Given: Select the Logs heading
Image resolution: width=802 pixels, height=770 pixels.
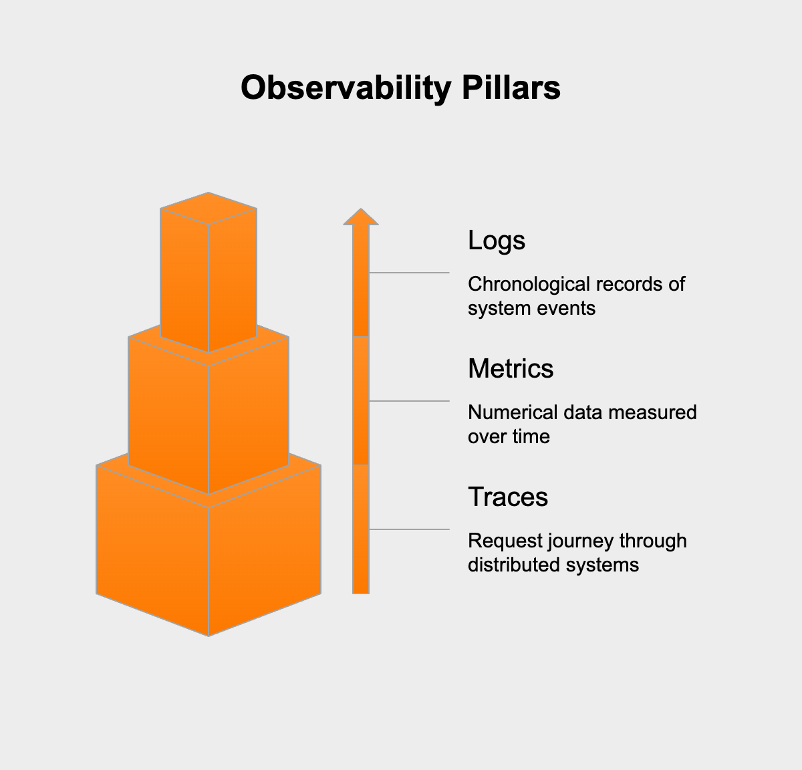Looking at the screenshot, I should pyautogui.click(x=497, y=241).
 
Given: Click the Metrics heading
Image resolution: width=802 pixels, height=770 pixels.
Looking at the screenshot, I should pyautogui.click(x=511, y=369).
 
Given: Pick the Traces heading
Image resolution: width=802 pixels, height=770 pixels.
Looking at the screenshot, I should pyautogui.click(x=508, y=497).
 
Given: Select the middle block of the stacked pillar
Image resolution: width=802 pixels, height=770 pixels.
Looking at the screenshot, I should pyautogui.click(x=209, y=414).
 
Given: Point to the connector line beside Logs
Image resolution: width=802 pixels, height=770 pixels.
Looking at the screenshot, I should pyautogui.click(x=409, y=273).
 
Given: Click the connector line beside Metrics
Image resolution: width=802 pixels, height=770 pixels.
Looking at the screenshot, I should pyautogui.click(x=409, y=401).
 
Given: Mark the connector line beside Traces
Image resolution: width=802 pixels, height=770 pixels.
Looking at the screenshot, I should pyautogui.click(x=409, y=529).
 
